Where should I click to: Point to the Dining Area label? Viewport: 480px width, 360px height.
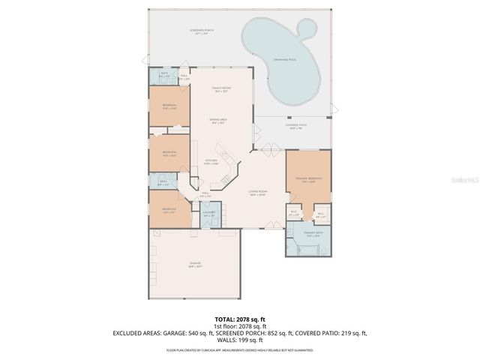[219, 121]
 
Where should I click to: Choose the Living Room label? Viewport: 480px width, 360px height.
[258, 193]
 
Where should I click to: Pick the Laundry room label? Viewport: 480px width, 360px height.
[210, 214]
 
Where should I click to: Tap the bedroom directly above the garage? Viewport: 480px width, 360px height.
[169, 210]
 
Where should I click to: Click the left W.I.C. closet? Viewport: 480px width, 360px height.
[294, 213]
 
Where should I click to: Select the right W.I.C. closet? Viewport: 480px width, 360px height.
[320, 213]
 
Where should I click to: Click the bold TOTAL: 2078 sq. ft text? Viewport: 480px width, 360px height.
[239, 319]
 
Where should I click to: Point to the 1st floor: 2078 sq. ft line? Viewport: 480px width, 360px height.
[239, 326]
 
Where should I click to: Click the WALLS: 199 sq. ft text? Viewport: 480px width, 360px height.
[240, 340]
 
